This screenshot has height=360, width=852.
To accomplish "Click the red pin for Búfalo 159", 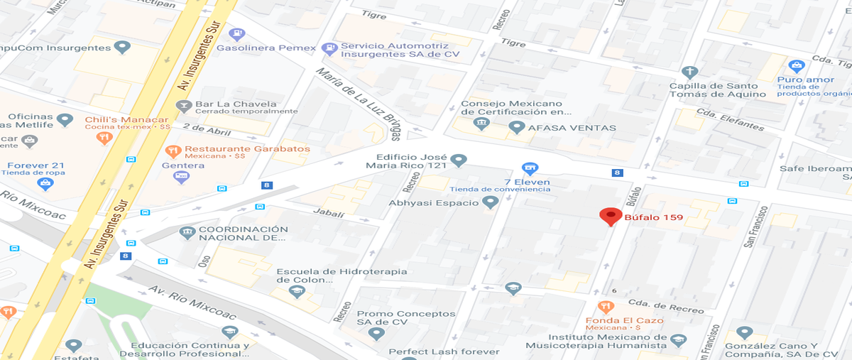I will [x=610, y=216].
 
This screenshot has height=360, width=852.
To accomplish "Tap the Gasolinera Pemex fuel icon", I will [x=237, y=33].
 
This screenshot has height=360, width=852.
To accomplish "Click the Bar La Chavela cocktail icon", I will [x=184, y=107].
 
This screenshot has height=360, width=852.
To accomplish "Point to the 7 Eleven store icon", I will [x=529, y=168].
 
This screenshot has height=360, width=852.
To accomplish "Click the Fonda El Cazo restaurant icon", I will [x=605, y=307].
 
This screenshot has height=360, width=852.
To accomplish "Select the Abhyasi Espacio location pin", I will [x=489, y=202].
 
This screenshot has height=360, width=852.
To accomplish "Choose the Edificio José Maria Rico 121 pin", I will [x=459, y=160].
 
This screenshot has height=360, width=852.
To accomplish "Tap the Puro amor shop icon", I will [x=797, y=66].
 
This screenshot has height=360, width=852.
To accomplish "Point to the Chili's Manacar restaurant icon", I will [x=104, y=136].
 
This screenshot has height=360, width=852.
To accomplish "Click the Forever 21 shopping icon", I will [x=46, y=183].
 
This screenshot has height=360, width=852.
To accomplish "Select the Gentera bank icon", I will [x=182, y=177].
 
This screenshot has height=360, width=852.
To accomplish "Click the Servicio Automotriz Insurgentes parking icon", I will [x=329, y=49].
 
